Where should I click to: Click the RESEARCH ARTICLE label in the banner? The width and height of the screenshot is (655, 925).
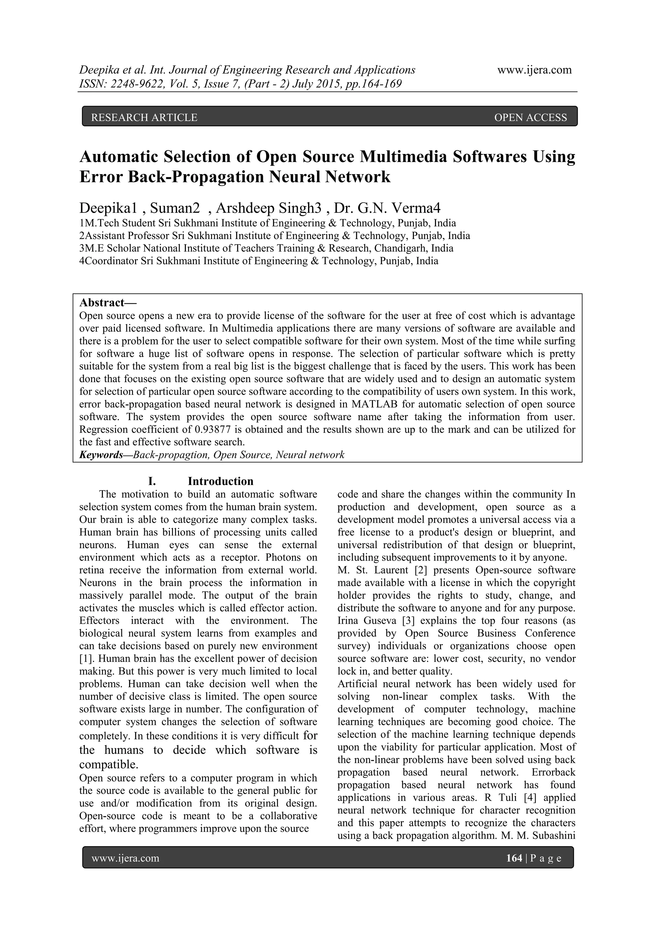click(x=144, y=117)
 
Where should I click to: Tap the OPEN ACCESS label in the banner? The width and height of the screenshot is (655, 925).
click(x=530, y=117)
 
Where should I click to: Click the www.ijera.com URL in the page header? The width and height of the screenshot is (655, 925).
click(x=534, y=70)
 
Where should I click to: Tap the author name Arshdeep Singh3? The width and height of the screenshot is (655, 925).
click(x=269, y=208)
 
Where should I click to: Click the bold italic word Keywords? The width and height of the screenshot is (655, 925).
click(x=101, y=455)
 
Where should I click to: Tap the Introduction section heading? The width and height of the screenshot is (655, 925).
click(x=220, y=482)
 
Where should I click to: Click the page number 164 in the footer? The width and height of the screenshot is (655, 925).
click(x=514, y=859)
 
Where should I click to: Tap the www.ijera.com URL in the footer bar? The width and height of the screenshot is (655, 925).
click(x=125, y=859)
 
